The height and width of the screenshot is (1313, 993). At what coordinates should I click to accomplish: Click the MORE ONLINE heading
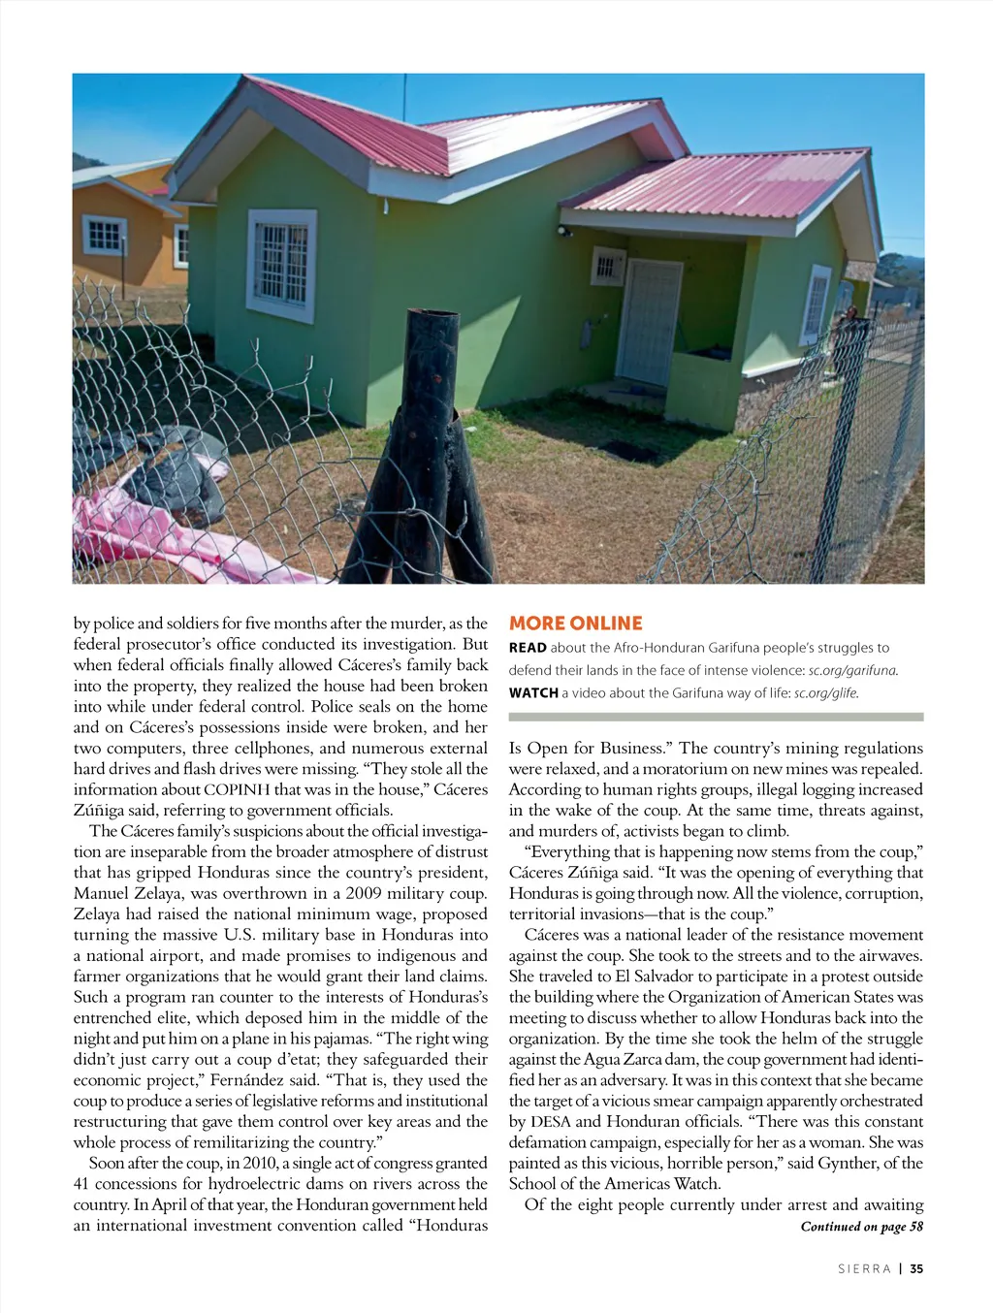tap(576, 624)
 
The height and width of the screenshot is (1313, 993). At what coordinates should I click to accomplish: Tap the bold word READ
tap(528, 648)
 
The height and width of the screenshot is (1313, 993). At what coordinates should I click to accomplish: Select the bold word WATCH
tap(533, 693)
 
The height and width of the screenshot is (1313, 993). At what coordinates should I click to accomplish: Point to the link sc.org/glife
tap(826, 693)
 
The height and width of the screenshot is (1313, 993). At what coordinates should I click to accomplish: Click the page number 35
tap(916, 1268)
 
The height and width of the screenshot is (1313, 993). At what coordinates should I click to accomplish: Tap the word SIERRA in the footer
tap(864, 1268)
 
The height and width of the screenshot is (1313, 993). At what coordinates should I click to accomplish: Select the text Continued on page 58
tap(861, 1227)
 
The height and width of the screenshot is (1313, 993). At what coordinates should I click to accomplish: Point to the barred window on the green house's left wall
tap(281, 265)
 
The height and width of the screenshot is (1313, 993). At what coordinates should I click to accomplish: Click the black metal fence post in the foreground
tap(427, 446)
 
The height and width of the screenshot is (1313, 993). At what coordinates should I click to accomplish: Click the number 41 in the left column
tap(83, 1184)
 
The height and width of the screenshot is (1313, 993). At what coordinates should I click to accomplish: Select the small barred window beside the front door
tap(607, 266)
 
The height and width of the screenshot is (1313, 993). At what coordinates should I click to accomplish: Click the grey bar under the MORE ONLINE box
tap(716, 718)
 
